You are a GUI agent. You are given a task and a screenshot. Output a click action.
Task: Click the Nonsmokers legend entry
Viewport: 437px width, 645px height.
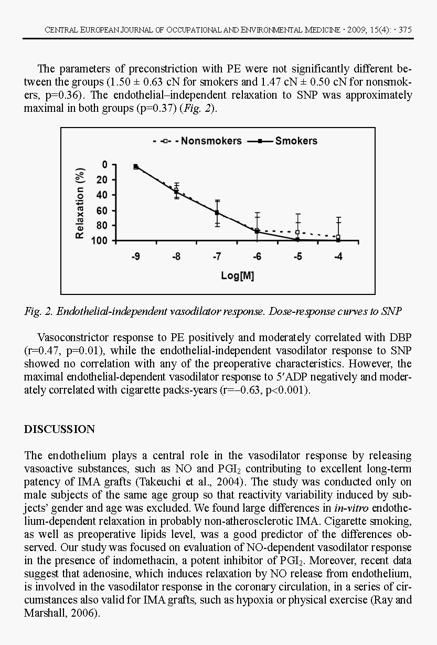point(211,141)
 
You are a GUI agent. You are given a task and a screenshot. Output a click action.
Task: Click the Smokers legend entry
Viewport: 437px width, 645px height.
point(296,141)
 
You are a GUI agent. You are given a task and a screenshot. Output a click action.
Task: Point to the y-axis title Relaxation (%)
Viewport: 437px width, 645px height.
point(80,203)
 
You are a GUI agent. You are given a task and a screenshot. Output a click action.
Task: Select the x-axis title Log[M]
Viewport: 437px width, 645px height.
point(237,276)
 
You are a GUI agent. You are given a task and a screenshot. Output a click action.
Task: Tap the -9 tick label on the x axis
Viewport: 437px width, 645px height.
point(135,257)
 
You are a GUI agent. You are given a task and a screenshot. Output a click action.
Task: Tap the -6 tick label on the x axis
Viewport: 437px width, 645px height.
point(257,257)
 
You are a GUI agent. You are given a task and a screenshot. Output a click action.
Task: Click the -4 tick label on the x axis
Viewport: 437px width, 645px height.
point(338,257)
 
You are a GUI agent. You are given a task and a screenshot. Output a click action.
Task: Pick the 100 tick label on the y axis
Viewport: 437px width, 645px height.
point(100,241)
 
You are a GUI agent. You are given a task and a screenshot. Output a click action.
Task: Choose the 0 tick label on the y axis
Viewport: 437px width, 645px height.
point(104,165)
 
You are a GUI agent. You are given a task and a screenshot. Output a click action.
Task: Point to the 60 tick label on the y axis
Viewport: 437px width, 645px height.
point(102,210)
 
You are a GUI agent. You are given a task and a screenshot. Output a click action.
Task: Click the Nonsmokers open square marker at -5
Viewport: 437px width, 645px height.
point(297,232)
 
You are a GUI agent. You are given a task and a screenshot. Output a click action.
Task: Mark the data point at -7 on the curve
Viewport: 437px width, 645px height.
point(217,213)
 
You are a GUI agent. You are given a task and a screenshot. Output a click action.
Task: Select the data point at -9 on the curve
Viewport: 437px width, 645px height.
point(136,166)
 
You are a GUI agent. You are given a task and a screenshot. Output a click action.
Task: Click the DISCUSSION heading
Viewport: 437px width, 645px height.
point(60,429)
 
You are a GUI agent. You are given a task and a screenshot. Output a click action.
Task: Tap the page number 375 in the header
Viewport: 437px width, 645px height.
point(405,30)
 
